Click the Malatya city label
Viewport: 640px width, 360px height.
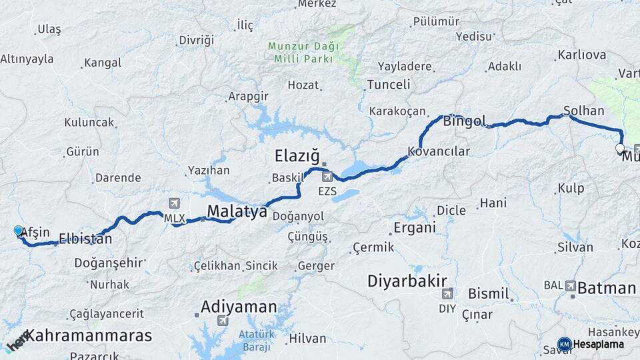tap(237, 212)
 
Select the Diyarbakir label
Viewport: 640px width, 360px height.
tap(407, 281)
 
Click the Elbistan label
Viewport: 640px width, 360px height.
tap(85, 238)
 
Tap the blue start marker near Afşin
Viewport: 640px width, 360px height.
tap(18, 231)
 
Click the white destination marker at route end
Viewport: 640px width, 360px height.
tap(620, 149)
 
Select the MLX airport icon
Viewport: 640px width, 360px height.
tap(175, 203)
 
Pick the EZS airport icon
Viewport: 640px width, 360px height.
tap(327, 177)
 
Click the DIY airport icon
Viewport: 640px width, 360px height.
tap(447, 293)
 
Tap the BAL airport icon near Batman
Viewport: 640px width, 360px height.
tap(571, 285)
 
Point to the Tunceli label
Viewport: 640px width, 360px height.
tap(389, 85)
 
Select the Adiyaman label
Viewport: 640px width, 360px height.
tap(239, 307)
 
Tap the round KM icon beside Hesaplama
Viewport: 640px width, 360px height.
tap(564, 344)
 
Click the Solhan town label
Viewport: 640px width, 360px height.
tap(583, 111)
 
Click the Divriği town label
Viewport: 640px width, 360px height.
tap(197, 40)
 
